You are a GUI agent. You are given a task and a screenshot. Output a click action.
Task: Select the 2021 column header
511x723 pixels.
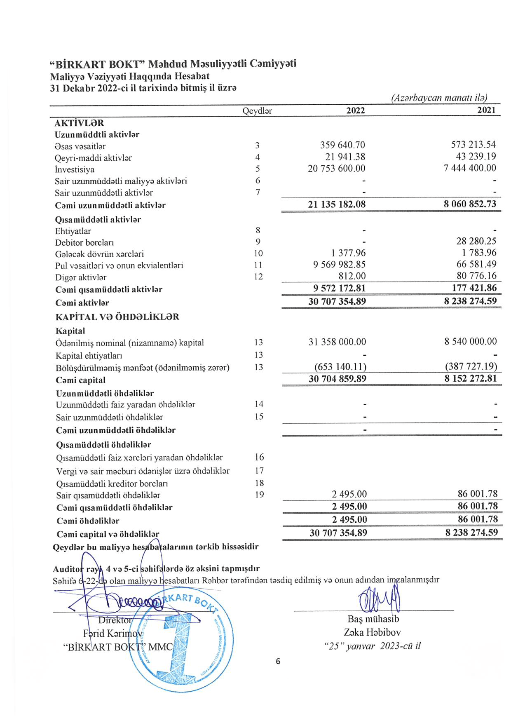coord(487,110)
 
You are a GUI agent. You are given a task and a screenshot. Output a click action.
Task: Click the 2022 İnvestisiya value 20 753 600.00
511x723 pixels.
coord(336,169)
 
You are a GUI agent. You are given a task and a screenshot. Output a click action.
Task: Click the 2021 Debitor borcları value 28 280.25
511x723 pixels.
coord(476,242)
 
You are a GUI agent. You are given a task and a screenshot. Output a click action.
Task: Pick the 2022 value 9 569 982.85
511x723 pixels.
coord(339,265)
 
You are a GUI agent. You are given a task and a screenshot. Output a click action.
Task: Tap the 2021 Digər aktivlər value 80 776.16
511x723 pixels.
coord(476,276)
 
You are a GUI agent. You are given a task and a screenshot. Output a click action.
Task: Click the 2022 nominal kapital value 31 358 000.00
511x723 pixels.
coord(337,342)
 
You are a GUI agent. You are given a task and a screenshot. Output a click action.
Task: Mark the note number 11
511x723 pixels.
coord(258,265)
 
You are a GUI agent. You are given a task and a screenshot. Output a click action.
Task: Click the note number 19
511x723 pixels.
coord(259,495)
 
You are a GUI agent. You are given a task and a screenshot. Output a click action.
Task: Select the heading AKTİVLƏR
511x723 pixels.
coord(79,123)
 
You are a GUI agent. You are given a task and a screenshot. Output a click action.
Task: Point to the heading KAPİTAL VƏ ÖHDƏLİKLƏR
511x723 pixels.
coord(117,317)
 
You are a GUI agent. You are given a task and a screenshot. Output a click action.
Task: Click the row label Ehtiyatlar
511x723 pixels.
coord(73,231)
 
